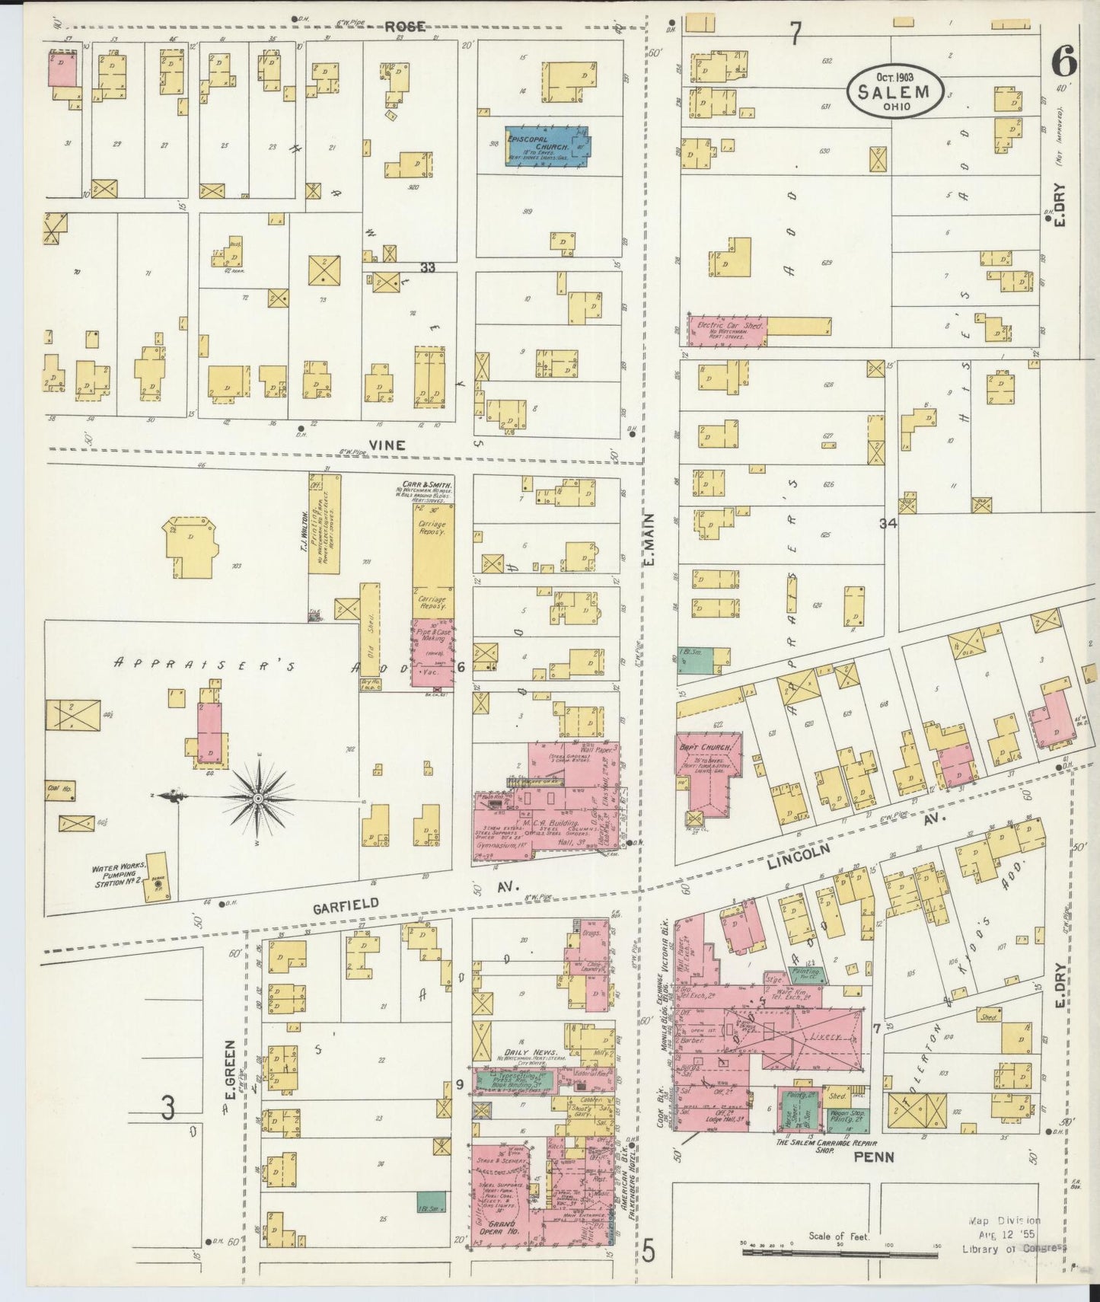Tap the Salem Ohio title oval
[x=895, y=91]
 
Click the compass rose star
[x=259, y=797]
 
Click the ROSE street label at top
[x=403, y=27]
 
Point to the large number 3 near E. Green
[x=167, y=1108]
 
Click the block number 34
[x=888, y=523]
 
